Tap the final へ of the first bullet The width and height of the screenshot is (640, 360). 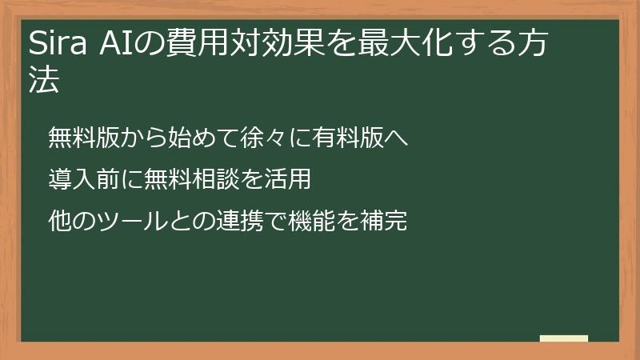(398, 138)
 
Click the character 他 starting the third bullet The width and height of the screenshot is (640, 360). (59, 222)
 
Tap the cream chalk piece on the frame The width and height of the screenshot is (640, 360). (564, 338)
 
